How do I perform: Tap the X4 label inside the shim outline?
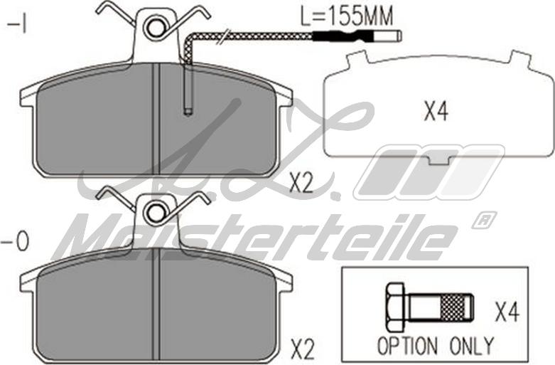coord(435,112)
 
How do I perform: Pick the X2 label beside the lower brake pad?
coord(302,349)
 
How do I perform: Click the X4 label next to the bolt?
coord(506,312)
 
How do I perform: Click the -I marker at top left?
coord(16,26)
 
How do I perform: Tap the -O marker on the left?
coord(16,243)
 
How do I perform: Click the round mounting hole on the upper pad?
coord(154,27)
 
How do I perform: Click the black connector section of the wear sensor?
coord(340,35)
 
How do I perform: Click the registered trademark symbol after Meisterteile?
coord(483,220)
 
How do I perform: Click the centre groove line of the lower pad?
coord(154,306)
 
